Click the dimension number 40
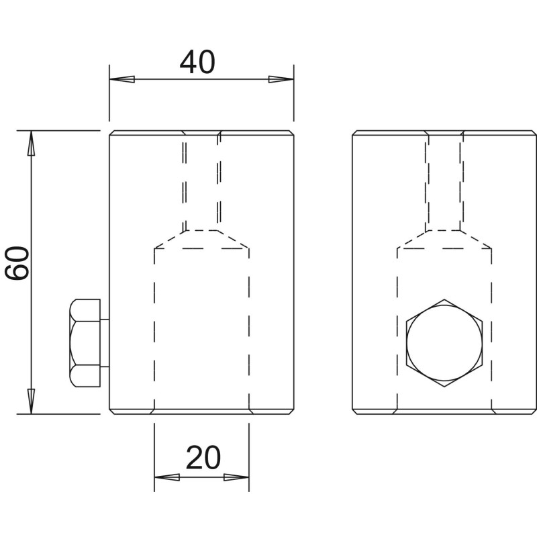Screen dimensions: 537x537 [x=197, y=62]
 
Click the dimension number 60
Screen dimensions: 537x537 [x=17, y=263]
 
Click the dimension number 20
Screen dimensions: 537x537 [x=203, y=458]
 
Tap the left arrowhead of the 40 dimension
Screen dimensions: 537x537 [x=122, y=79]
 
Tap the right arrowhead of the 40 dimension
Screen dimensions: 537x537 [x=281, y=79]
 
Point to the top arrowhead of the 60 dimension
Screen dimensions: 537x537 [x=31, y=143]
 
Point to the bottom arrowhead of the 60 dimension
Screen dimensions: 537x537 [x=31, y=401]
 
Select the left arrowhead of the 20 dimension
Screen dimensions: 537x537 [x=166, y=477]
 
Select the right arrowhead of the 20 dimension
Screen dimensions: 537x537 [x=236, y=477]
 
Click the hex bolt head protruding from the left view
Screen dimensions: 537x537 [x=85, y=343]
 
